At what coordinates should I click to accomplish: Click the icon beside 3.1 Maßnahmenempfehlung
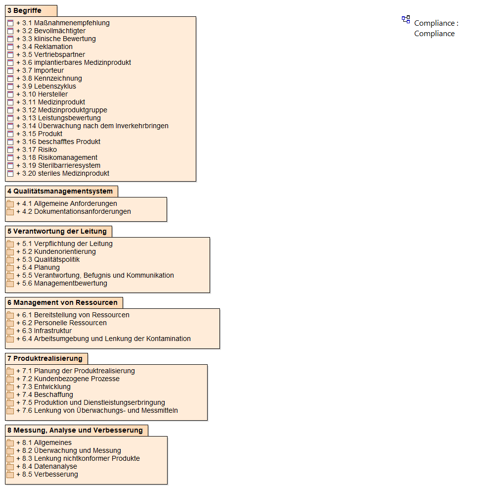tap(10, 23)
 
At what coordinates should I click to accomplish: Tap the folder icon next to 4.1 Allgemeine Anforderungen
tap(10, 203)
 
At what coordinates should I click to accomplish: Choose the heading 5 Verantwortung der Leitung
tap(57, 231)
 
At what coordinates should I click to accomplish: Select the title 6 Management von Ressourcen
tap(63, 302)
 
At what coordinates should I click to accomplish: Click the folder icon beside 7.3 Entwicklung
tap(10, 387)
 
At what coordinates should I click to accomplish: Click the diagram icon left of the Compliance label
tap(406, 19)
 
